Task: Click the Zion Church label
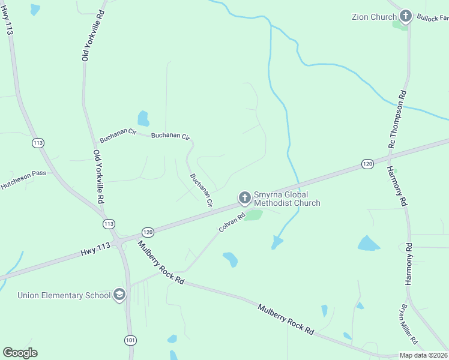coord(374,17)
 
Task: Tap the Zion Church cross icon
coord(406,16)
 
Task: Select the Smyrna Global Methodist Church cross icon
coord(244,197)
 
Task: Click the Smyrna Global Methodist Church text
coord(287,199)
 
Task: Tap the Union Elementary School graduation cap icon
coord(119,295)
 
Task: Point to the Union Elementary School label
coord(64,295)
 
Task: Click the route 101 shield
coord(130,340)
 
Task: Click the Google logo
coord(20,353)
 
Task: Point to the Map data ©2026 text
coord(423,355)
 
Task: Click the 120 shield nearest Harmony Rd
coord(368,164)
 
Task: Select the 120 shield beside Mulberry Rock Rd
coord(148,232)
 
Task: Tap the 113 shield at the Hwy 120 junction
coord(109,224)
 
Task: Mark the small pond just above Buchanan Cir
coord(143,118)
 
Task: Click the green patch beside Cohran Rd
coord(253,215)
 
